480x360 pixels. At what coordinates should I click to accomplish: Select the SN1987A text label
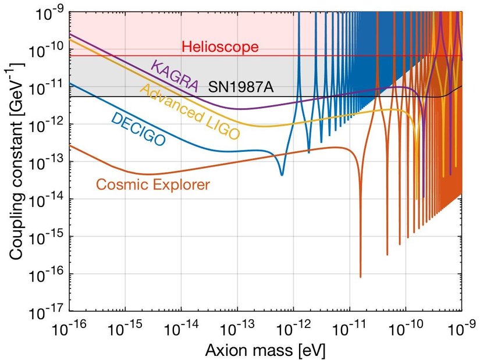point(240,88)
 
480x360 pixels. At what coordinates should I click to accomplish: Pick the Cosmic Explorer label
point(153,185)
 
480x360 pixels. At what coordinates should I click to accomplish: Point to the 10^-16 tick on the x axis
point(70,331)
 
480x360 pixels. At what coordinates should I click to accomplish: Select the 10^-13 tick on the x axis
point(238,331)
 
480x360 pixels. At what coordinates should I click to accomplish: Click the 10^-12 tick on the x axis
point(294,331)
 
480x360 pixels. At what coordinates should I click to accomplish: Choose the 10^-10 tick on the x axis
point(406,331)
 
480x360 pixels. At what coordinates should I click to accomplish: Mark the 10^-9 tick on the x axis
point(461,331)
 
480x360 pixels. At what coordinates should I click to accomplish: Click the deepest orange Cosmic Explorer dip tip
point(360,277)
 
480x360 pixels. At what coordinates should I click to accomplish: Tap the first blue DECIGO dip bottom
point(282,174)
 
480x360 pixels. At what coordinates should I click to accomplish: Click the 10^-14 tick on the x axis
point(182,331)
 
